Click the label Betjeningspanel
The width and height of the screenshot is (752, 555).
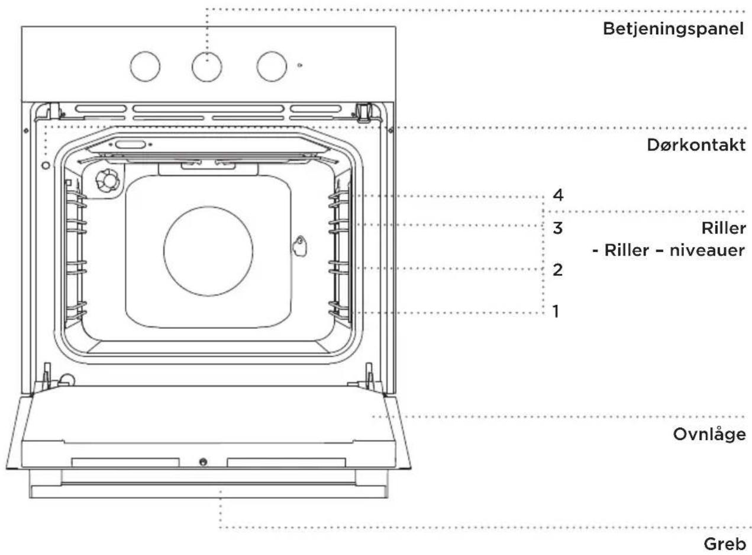pos(673,29)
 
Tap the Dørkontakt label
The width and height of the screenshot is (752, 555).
pos(696,145)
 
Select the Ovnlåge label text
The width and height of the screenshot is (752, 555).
pos(709,435)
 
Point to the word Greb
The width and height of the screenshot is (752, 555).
pos(724,544)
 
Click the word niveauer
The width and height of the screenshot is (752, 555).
pos(707,251)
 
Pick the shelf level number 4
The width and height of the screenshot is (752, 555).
pos(558,195)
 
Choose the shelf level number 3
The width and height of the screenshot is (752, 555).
pos(557,228)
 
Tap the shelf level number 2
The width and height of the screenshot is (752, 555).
pos(557,270)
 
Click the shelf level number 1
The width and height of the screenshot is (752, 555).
pos(556,311)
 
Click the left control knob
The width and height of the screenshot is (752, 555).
pos(145,66)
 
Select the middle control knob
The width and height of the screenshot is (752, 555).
pos(207,66)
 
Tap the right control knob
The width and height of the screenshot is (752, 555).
pos(272,66)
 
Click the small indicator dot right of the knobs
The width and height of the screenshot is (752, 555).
pos(299,65)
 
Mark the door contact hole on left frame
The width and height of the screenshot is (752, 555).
pos(46,165)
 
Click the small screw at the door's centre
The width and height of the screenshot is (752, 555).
pos(203,462)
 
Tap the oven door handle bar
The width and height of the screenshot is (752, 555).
pos(208,492)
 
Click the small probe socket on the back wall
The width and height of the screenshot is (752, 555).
pos(300,246)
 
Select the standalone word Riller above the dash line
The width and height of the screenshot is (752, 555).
pos(724,229)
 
